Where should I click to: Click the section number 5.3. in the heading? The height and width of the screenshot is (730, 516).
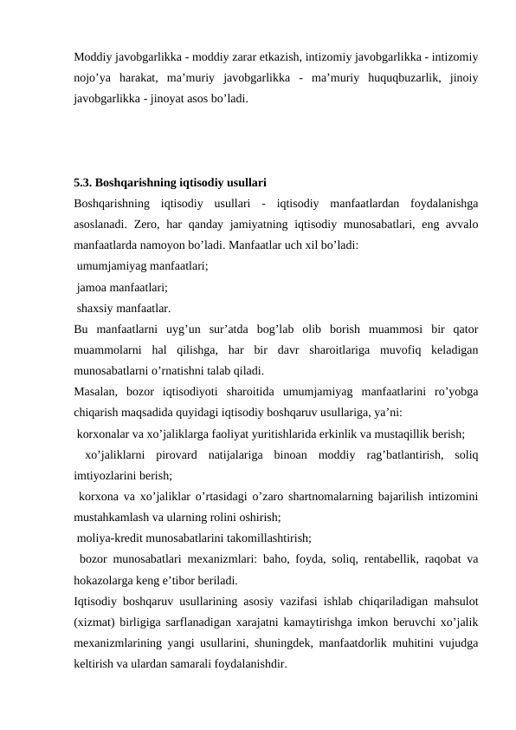(x=84, y=184)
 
